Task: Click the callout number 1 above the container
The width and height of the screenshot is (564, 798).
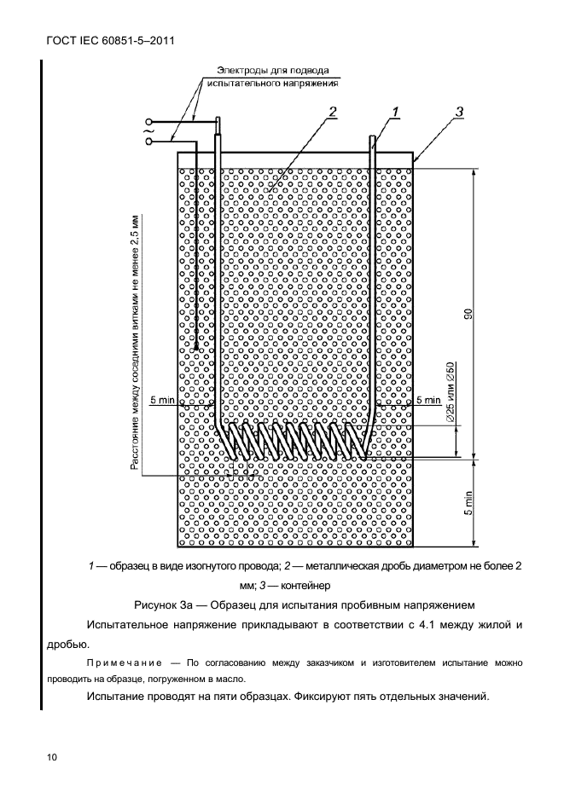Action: (x=396, y=111)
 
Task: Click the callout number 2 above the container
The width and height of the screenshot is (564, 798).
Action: (x=333, y=111)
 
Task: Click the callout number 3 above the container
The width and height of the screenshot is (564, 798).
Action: (x=459, y=111)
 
